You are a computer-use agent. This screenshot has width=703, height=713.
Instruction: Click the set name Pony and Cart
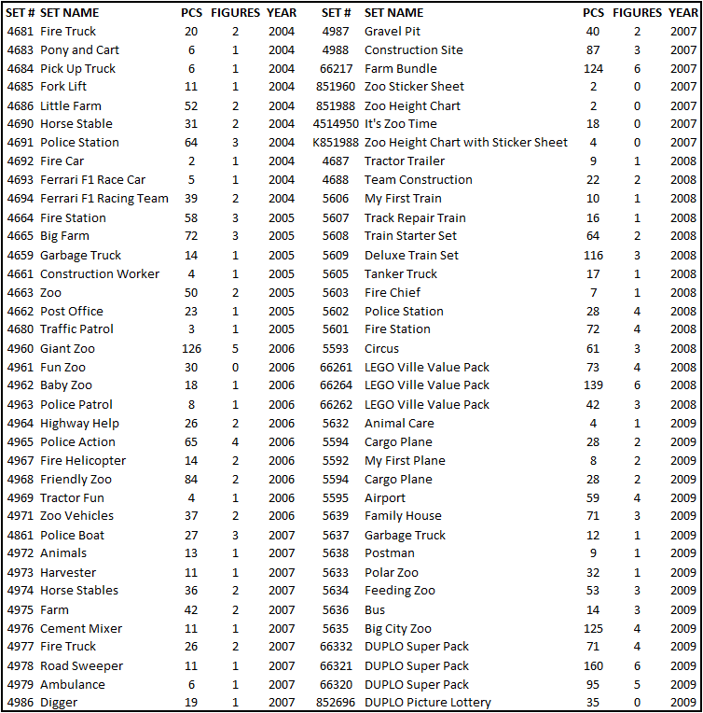coord(79,50)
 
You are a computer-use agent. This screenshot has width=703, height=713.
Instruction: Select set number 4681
coord(21,32)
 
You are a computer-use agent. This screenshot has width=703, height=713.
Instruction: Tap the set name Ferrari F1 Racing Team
coord(104,199)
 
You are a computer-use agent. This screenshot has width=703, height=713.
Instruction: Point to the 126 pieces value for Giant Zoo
coord(190,349)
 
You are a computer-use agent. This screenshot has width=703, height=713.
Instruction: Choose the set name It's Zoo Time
coord(400,124)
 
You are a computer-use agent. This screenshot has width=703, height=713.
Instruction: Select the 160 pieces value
coord(592,666)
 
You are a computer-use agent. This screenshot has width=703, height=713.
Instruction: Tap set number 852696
coord(337,703)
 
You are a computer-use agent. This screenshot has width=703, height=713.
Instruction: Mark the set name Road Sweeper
coord(81,666)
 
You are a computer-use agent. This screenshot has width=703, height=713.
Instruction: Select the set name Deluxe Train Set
coord(411,255)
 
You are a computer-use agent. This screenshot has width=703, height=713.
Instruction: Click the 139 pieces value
coord(592,385)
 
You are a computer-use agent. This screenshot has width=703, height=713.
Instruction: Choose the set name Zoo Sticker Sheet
coord(414,87)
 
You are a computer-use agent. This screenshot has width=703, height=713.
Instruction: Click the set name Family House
coord(403,516)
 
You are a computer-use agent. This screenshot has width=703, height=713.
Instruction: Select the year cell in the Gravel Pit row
coord(682,32)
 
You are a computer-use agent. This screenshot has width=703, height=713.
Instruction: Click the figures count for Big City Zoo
coord(638,629)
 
